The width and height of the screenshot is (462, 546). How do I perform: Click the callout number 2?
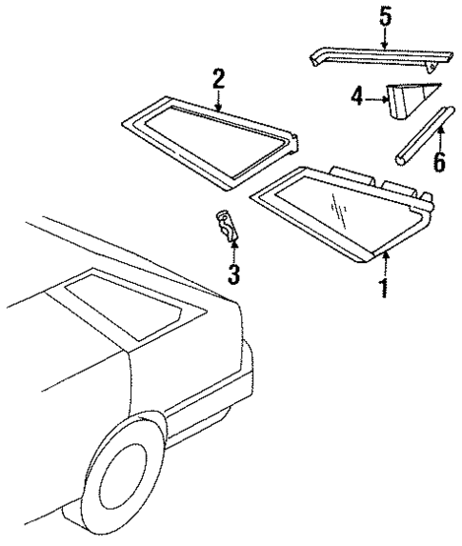(x=218, y=79)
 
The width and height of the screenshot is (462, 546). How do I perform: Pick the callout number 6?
(x=438, y=161)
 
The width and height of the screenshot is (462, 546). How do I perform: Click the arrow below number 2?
(x=218, y=103)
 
